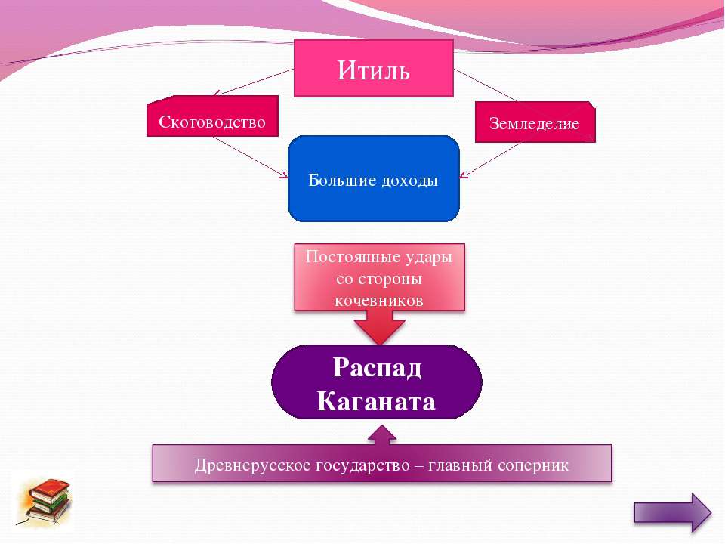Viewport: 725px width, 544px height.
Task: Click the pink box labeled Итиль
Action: click(374, 68)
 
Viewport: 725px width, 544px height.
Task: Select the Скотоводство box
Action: click(213, 116)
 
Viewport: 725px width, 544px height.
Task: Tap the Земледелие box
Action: click(535, 122)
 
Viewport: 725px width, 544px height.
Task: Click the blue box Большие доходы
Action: click(374, 178)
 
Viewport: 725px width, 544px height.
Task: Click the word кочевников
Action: click(378, 301)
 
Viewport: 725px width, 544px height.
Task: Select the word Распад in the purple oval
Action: click(377, 367)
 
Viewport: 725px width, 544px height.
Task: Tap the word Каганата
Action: click(376, 401)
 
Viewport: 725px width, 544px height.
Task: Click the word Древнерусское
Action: click(252, 465)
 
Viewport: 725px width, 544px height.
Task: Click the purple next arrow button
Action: click(672, 512)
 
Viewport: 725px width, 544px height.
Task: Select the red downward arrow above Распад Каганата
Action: click(380, 326)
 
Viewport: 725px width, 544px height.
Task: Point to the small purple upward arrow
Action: click(382, 435)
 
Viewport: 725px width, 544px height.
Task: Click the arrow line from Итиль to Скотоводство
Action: click(254, 82)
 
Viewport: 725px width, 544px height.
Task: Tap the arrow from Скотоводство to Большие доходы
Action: click(250, 157)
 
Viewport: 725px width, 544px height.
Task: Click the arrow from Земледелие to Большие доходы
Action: click(490, 160)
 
